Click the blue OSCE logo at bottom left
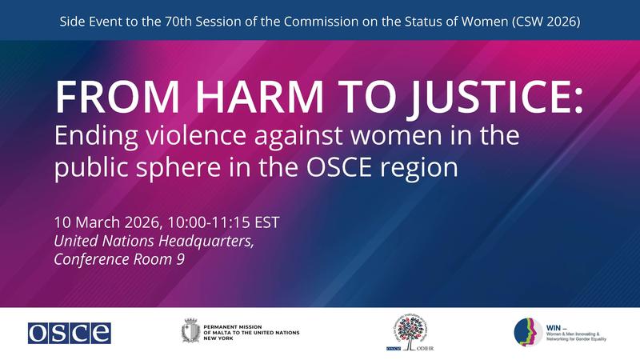coord(69,330)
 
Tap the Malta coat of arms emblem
coord(190,330)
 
